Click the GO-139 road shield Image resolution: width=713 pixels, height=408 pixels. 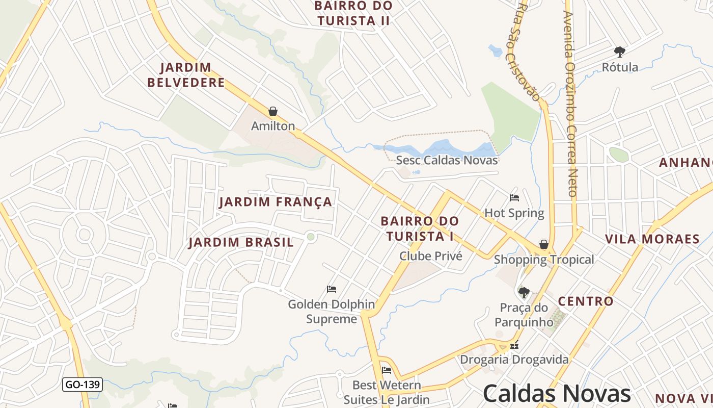coord(83,385)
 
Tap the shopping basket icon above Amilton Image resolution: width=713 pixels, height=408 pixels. coord(273,111)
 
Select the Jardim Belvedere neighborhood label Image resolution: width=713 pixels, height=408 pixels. coord(186,75)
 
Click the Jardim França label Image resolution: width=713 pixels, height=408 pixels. coord(276,202)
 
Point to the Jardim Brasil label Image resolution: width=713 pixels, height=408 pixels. coord(241,242)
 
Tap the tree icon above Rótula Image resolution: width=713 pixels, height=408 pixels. coord(619,52)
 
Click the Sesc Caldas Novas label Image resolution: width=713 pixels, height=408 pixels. coord(447,160)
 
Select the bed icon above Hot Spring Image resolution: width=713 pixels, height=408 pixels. coord(514,198)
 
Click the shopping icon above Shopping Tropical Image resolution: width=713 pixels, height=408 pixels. coord(544,244)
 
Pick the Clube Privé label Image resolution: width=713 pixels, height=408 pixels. coord(431,256)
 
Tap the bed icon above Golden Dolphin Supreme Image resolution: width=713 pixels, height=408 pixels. coord(332,289)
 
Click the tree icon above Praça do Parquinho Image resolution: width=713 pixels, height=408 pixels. coord(524,292)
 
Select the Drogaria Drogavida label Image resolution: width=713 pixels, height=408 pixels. coord(514,360)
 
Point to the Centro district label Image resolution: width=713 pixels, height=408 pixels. coord(586,301)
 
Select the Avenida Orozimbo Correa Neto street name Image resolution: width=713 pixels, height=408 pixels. coord(570,102)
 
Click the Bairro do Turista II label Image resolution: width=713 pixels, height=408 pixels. coord(353,13)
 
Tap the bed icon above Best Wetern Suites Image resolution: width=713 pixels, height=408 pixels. coord(387,370)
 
